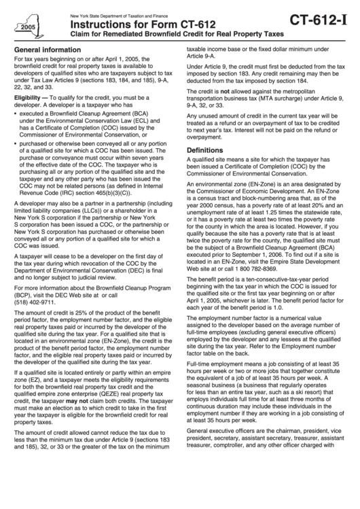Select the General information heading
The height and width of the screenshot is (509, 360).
point(46,50)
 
